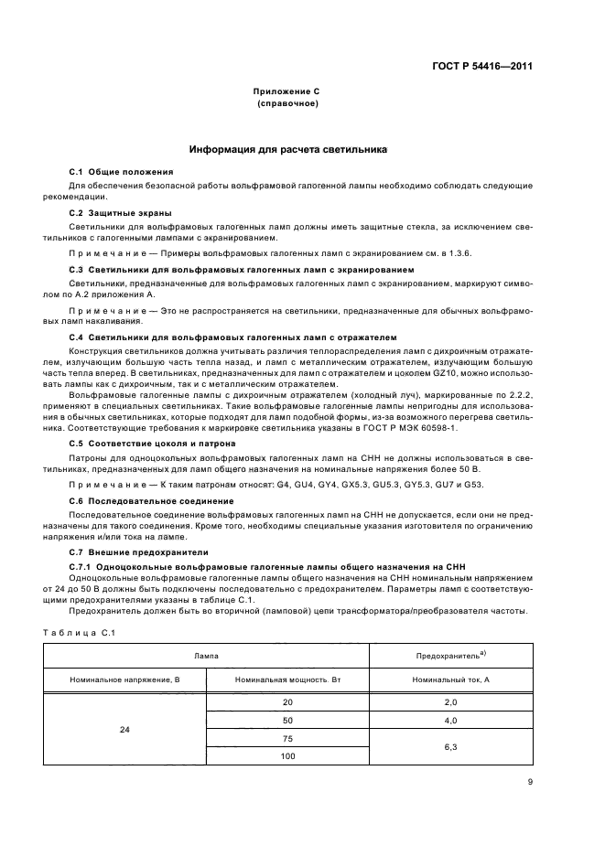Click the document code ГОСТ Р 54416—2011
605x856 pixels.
[485, 66]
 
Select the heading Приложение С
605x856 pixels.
[287, 92]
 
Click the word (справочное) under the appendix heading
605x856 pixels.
[287, 104]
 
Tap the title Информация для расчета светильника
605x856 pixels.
[287, 148]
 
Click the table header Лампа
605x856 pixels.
[205, 656]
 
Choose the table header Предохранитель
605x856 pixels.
[449, 656]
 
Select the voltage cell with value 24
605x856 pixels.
[124, 731]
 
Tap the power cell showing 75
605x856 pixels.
[287, 737]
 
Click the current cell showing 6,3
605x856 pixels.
[450, 747]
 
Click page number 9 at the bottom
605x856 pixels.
[529, 781]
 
